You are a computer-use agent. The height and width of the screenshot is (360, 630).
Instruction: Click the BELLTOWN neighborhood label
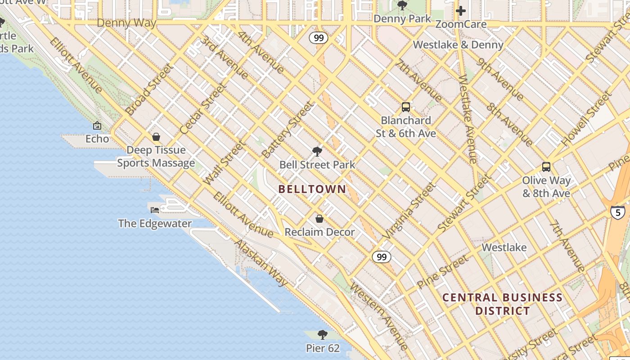coord(312,189)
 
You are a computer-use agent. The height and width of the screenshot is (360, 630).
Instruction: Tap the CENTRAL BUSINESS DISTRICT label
coord(502,304)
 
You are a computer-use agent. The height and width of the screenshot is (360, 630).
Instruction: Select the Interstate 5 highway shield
coord(617,211)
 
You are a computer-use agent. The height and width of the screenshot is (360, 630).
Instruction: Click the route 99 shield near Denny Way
coord(319,38)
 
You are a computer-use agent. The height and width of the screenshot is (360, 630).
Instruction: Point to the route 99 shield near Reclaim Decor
coord(381,257)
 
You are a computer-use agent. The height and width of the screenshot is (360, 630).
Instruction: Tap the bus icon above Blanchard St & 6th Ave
coord(405,107)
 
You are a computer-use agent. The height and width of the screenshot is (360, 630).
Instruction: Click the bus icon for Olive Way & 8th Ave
coord(546,167)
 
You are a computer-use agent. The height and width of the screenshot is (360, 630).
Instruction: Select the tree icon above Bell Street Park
coord(317,152)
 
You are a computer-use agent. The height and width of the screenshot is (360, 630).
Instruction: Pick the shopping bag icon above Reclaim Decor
coord(319,219)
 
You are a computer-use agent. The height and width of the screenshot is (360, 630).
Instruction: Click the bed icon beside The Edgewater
coord(155,210)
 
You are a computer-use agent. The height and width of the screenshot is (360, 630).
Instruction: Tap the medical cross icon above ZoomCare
coord(461,11)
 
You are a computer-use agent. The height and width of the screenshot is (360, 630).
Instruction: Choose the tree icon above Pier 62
coord(322,335)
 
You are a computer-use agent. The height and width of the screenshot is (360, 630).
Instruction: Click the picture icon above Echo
coord(97,126)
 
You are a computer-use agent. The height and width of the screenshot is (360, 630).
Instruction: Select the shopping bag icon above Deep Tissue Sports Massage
coord(156,137)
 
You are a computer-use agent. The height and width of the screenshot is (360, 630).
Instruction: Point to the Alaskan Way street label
coord(261,263)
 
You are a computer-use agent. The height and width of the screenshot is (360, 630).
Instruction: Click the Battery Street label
coord(287,130)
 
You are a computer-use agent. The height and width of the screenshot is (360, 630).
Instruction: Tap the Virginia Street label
coord(409,210)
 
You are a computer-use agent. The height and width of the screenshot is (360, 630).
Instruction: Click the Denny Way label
coord(126,23)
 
